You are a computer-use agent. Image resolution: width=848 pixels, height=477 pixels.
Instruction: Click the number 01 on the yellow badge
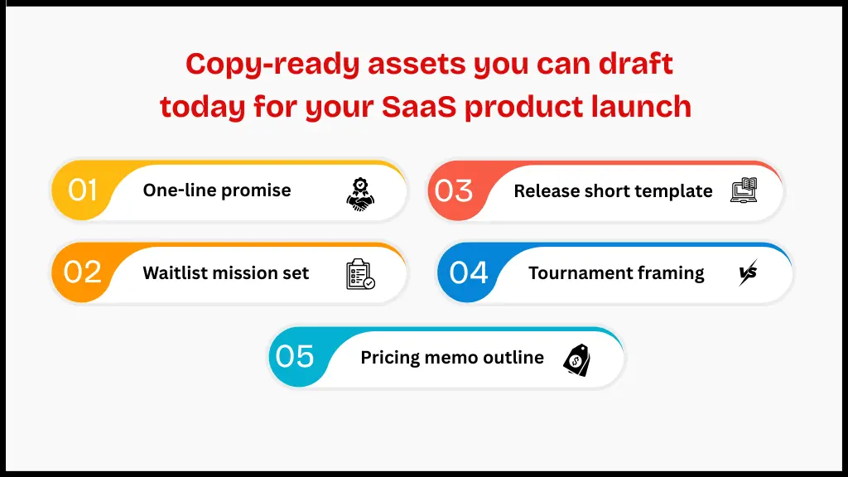tap(83, 190)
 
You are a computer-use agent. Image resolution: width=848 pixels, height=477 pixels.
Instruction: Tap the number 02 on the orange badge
tap(83, 272)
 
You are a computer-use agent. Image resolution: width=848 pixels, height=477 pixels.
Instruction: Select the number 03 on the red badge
tap(454, 191)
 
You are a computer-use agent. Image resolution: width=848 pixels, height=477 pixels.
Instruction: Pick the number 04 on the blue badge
tap(469, 272)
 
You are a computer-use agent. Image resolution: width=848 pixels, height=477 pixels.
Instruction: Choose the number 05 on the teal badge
tap(296, 357)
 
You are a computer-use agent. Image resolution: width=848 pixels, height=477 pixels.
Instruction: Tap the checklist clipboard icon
tap(360, 274)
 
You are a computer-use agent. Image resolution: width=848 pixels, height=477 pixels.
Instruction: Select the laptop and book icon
tap(744, 191)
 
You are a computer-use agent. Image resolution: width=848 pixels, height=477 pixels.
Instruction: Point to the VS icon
tap(748, 273)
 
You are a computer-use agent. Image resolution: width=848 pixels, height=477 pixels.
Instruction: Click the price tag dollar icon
tap(576, 359)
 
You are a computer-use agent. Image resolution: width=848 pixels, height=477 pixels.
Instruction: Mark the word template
tap(674, 191)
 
